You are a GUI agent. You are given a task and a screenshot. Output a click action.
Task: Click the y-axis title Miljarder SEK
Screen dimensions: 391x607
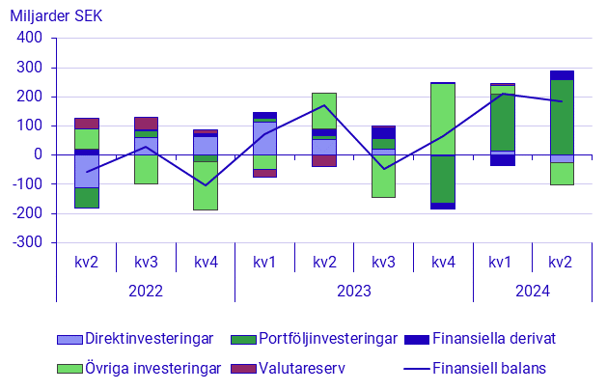pos(57,16)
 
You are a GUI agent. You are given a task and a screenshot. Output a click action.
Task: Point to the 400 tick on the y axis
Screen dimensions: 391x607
pos(28,39)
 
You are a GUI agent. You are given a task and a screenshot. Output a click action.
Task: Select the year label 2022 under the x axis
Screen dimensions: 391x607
pos(146,290)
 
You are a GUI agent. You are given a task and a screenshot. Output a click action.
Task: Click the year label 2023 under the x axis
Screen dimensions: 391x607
pos(354,290)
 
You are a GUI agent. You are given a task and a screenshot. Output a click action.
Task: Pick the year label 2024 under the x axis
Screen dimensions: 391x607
pos(532,290)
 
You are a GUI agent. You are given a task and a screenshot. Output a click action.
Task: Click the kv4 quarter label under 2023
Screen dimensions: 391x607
pos(443,262)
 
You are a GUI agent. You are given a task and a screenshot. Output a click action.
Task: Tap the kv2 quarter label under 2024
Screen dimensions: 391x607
pos(562,262)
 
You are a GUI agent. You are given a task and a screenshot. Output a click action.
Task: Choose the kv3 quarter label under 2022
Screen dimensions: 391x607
pos(146,262)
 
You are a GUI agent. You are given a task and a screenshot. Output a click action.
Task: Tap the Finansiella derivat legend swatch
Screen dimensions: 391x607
pos(421,339)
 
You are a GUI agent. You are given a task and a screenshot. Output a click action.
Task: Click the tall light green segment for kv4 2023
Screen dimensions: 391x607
pos(443,119)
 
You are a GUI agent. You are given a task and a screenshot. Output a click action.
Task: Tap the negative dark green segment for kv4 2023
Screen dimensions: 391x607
pos(443,179)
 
